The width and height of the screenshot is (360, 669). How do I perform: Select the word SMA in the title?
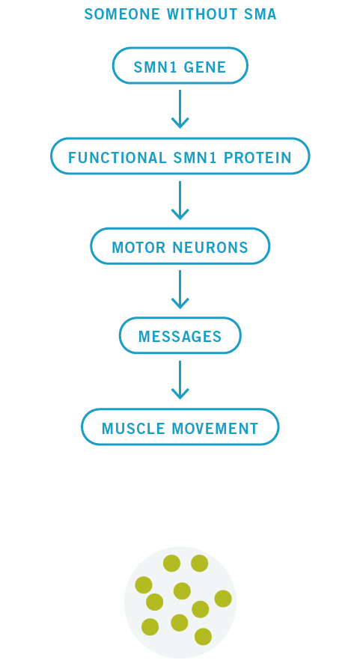click(x=260, y=14)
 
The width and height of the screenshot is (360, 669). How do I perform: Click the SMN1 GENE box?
click(x=180, y=66)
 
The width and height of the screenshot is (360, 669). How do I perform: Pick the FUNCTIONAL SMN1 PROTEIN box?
click(x=180, y=156)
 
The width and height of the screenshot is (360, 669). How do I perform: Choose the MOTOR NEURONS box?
click(x=180, y=246)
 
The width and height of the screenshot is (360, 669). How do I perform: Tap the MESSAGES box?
click(x=180, y=336)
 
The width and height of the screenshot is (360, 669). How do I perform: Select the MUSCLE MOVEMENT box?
click(x=180, y=427)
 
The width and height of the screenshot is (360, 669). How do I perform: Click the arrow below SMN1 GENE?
click(x=180, y=109)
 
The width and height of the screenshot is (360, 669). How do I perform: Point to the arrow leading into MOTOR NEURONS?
click(x=180, y=200)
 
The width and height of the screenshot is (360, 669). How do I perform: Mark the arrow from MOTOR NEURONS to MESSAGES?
click(x=180, y=290)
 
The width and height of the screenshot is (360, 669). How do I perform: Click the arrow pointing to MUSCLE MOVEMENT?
click(x=180, y=379)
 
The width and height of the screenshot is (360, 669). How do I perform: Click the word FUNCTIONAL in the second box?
click(x=118, y=158)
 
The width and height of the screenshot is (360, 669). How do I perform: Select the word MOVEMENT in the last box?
click(x=215, y=429)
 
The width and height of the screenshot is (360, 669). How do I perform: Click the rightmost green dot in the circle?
click(x=223, y=599)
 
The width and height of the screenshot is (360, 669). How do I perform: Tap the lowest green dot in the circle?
click(x=203, y=637)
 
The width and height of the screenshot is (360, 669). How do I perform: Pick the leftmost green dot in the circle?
click(x=144, y=585)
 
